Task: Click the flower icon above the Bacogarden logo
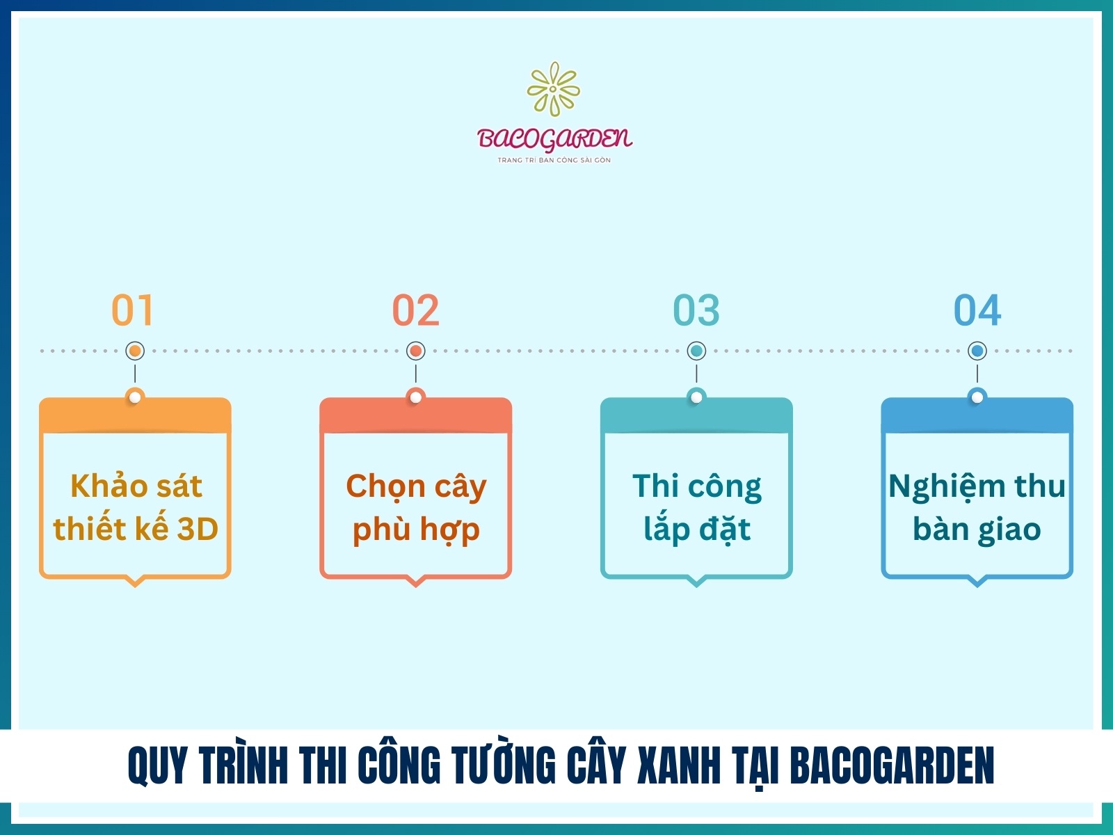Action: coord(554,89)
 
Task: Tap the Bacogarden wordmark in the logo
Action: coord(554,138)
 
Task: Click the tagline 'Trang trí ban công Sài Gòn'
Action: coord(554,160)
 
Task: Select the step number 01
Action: coord(132,310)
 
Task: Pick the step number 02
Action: coord(416,310)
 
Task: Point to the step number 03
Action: coord(696,310)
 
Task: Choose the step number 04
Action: coord(977,310)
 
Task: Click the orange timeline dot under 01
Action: coord(135,351)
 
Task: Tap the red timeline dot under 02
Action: coord(416,351)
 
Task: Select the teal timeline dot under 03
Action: coord(696,351)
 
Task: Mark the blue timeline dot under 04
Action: coord(977,351)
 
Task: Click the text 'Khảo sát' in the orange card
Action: coord(136,486)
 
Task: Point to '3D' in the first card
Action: coord(198,530)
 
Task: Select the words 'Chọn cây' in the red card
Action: coord(416,486)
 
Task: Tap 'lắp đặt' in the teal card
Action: coord(697,530)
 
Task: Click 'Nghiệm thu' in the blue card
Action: coord(977,486)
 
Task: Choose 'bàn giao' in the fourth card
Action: coord(977,530)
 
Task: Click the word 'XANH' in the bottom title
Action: coord(679,765)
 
